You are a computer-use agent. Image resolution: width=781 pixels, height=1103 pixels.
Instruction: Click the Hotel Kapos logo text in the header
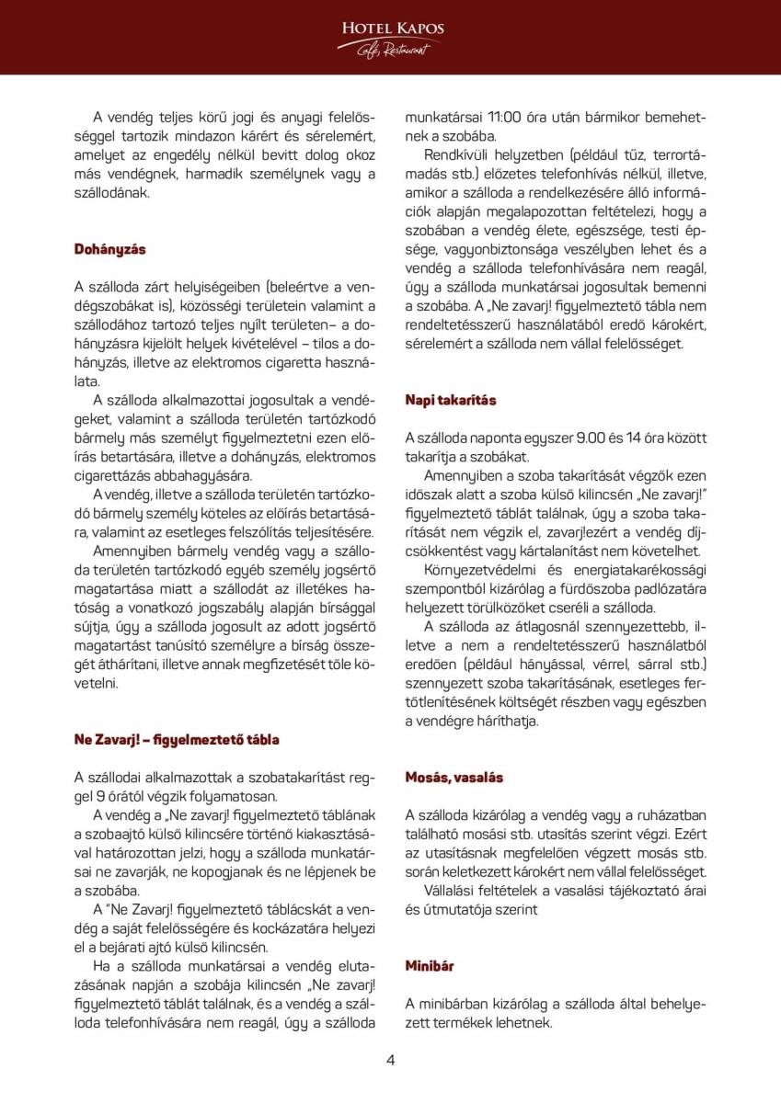click(392, 29)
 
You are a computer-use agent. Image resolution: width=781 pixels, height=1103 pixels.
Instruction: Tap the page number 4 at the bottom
click(390, 1060)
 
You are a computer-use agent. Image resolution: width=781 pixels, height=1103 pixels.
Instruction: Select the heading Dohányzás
click(109, 249)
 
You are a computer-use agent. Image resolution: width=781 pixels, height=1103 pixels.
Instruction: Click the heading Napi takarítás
click(451, 400)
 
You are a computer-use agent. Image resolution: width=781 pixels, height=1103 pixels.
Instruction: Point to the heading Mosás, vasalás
click(454, 777)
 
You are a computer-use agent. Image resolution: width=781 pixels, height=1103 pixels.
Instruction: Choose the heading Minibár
click(430, 965)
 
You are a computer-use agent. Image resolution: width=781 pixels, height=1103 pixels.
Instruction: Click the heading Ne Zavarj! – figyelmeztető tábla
click(177, 739)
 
